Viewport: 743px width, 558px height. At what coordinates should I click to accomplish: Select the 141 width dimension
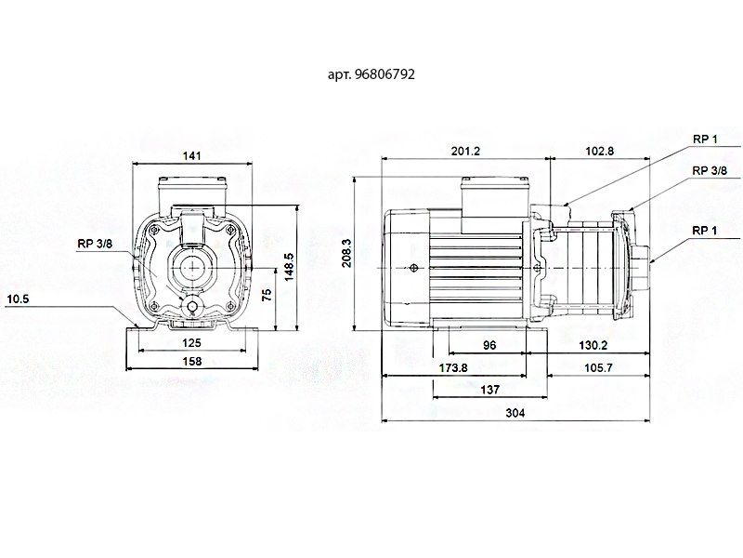[190, 156]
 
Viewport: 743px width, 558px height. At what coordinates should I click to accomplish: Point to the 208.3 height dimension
[347, 252]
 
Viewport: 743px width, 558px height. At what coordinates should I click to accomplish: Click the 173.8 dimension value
[452, 368]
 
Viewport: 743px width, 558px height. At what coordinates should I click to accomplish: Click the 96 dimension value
[489, 345]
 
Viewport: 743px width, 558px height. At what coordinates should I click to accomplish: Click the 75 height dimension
[267, 295]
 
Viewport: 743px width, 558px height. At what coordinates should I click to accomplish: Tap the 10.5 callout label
[20, 299]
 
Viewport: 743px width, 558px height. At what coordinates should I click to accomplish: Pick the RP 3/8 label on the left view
[97, 245]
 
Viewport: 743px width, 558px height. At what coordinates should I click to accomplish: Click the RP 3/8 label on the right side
[710, 171]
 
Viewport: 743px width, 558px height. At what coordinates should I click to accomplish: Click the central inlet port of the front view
[192, 267]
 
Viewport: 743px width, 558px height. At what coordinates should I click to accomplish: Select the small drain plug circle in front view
[192, 307]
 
